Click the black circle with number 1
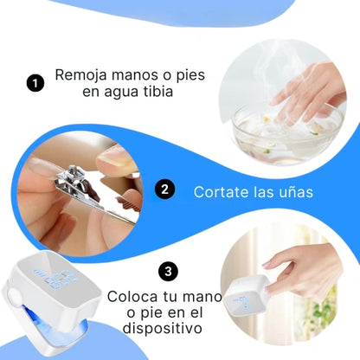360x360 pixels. point(35,83)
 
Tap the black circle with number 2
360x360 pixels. point(165,190)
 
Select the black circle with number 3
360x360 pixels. point(170,272)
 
